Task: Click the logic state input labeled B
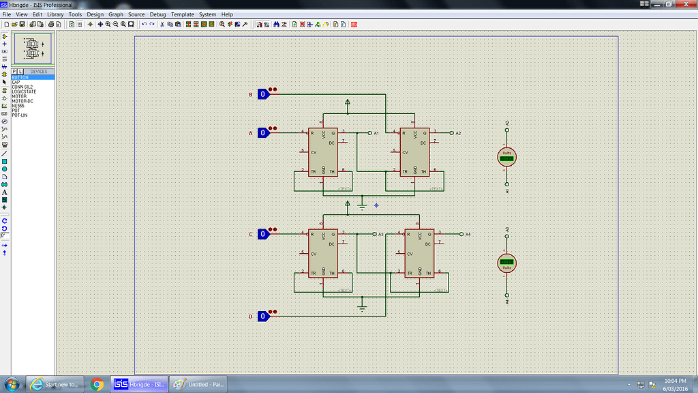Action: (262, 94)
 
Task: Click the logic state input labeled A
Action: (262, 133)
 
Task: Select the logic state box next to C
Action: (262, 234)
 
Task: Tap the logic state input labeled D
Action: (262, 316)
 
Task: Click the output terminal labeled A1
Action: (369, 132)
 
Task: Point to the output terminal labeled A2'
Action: (451, 132)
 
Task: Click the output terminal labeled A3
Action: (374, 234)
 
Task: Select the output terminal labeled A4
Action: (460, 234)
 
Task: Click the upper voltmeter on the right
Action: (506, 158)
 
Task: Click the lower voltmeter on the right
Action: (506, 263)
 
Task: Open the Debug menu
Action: (157, 14)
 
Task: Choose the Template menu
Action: (182, 14)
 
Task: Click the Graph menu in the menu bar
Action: (116, 14)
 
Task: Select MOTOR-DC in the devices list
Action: (23, 101)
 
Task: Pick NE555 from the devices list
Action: (19, 106)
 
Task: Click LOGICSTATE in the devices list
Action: (24, 91)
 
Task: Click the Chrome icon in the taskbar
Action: (97, 384)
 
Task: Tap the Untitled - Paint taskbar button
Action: (198, 384)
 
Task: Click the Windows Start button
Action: (12, 384)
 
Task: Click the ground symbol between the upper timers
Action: (362, 205)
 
